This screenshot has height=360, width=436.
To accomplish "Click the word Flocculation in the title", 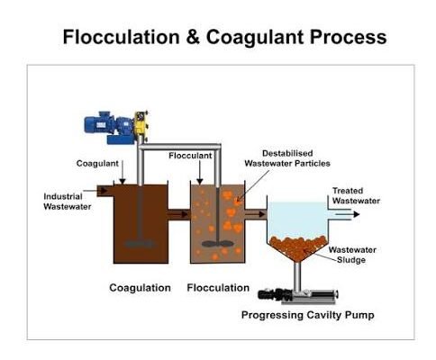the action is point(121,37).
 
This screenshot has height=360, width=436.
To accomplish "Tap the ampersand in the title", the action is point(193,37).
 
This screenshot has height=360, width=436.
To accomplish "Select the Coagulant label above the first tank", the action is point(97,164).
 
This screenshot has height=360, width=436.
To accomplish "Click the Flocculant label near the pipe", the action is point(190,156).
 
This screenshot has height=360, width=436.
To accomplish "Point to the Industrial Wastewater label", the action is point(68,202).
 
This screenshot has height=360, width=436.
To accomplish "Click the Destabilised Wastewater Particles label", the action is point(287,158).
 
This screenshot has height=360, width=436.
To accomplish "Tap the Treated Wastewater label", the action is point(356,195).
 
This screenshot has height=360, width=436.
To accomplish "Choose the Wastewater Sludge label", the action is point(352,255).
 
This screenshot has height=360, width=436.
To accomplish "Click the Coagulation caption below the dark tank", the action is point(140,288).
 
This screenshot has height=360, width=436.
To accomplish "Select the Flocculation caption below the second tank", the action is point(218,288).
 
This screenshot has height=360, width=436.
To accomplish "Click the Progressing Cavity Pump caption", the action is point(308,315).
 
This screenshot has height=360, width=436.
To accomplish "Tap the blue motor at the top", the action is point(109,128).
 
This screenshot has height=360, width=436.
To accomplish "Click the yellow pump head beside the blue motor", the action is point(141,126).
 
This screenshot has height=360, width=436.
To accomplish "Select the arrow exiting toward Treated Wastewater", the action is point(347,214).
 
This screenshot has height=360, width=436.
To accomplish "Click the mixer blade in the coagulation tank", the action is point(140,243).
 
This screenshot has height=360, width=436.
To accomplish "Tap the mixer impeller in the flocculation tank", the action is point(217,244).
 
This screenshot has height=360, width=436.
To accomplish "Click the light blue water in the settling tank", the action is point(297,219).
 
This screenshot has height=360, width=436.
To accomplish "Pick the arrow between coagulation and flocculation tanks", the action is point(178,214).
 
